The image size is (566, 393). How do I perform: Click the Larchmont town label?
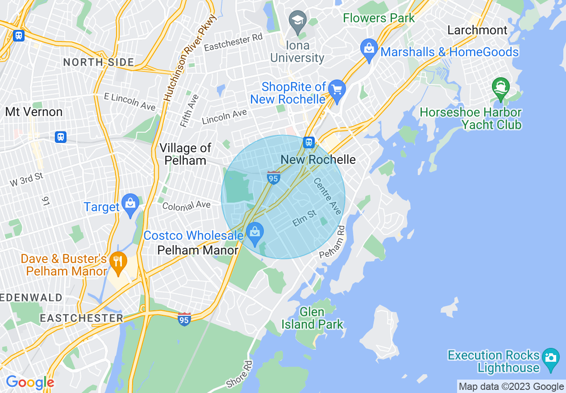coord(477,30)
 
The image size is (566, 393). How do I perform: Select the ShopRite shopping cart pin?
coord(337,90)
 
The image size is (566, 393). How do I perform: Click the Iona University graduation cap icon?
coord(296,21)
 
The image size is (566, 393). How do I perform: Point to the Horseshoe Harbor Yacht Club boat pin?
coord(500,88)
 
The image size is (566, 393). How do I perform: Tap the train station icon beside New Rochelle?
coord(308,142)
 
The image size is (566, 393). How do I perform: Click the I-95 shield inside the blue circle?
coord(273,177)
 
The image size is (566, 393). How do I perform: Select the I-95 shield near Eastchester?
coord(184,319)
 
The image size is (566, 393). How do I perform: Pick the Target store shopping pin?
coord(130,204)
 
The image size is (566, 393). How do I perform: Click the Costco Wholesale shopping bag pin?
coord(255,233)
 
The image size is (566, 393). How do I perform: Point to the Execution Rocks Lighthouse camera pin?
coord(551,359)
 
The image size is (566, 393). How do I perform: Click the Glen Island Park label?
coord(312,318)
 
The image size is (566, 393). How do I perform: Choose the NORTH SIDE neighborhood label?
coord(98,62)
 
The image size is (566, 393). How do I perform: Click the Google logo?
coord(29,382)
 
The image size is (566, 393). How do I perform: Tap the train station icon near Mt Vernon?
coord(61,137)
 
